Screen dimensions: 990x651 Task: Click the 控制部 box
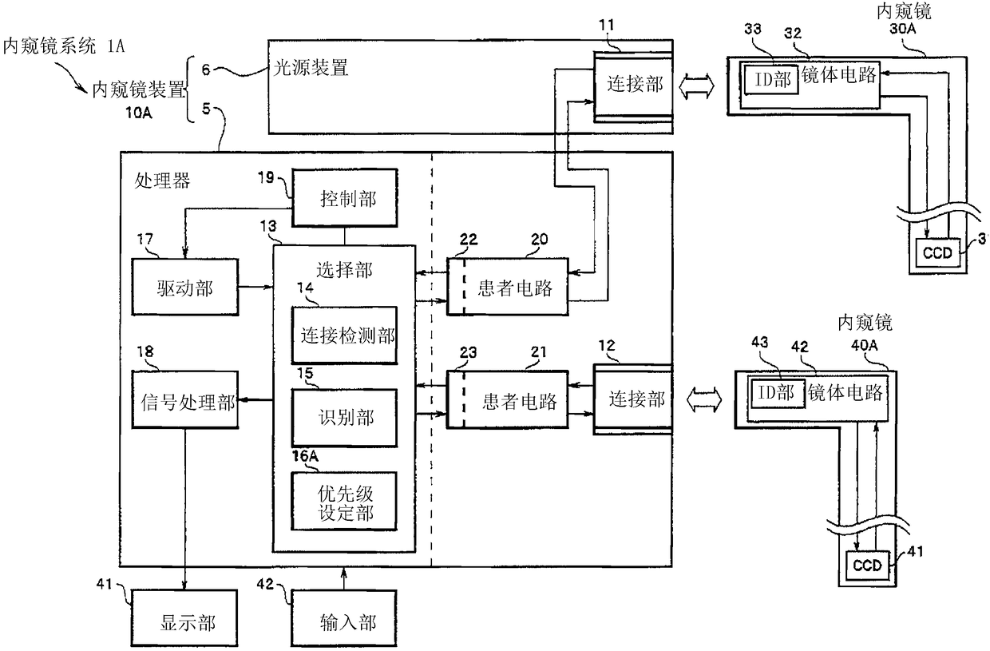coord(344,197)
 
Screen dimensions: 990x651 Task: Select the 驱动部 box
coord(185,287)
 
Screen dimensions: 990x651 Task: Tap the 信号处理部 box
coord(185,400)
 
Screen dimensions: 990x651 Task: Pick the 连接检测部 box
coord(344,335)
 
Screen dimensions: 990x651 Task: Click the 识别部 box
coord(344,418)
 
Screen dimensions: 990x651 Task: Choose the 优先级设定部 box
coord(344,501)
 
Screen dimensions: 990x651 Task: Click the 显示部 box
coord(184,617)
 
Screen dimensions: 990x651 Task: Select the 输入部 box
coord(344,617)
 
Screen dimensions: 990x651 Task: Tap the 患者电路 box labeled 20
coord(508,287)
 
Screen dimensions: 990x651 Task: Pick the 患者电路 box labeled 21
coord(508,400)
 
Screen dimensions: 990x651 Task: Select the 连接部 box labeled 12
coord(633,399)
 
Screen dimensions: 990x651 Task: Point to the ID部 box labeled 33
coord(772,80)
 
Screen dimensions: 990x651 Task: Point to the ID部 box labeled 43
coord(778,393)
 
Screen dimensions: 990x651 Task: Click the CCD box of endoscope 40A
coord(867,566)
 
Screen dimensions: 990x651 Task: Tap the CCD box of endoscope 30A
coord(938,253)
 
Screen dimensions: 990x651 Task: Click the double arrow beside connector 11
coord(696,86)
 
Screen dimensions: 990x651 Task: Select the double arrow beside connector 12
coord(704,400)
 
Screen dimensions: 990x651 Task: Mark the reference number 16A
coord(305,456)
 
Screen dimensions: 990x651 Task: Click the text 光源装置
coord(311,68)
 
